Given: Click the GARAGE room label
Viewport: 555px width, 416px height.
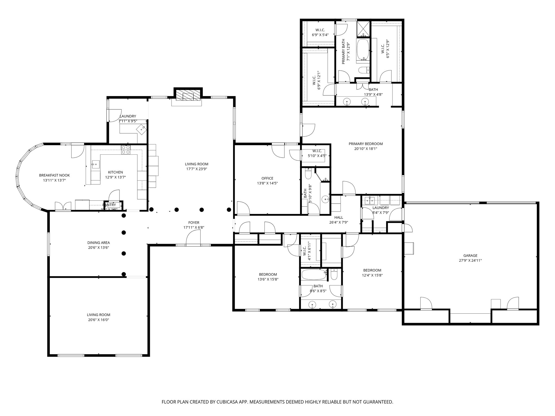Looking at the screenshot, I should click(470, 255).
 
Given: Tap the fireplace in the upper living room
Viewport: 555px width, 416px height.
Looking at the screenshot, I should click(188, 96).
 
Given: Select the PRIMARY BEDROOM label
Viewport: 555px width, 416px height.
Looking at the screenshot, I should click(366, 144).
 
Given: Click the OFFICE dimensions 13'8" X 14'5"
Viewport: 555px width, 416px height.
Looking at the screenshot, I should click(267, 183).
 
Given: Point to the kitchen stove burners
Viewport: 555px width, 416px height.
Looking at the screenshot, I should click(126, 149).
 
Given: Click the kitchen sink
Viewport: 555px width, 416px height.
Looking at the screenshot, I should click(96, 164).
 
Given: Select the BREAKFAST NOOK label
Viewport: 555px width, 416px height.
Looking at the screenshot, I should click(54, 175).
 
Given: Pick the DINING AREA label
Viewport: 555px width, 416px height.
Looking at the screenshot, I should click(98, 243).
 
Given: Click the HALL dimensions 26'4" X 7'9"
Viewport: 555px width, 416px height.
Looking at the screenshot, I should click(338, 222).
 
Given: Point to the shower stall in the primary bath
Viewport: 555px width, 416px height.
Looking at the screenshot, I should click(363, 28).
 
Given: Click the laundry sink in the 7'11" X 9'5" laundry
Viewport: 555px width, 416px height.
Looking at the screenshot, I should click(143, 129).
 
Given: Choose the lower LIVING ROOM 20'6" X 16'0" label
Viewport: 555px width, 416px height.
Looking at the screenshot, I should click(98, 315).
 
